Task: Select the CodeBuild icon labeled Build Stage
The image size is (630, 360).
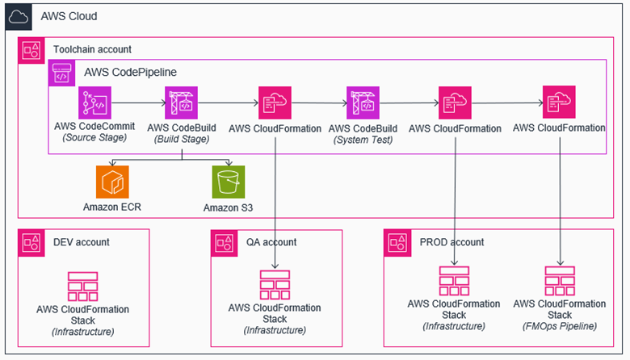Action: click(181, 104)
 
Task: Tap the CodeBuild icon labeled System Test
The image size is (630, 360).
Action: click(363, 104)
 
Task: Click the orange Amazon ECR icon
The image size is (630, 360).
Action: click(112, 182)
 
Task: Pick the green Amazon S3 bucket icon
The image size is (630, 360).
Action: click(229, 182)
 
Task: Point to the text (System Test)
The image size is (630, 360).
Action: click(363, 139)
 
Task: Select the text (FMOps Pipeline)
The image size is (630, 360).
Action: click(560, 326)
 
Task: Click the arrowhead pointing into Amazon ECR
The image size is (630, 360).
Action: click(112, 165)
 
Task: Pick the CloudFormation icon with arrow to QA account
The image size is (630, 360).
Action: click(275, 104)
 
